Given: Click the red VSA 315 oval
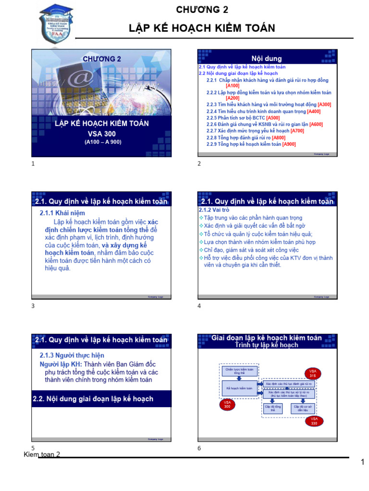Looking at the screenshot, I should tap(313, 374).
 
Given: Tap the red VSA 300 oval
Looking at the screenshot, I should tap(227, 404).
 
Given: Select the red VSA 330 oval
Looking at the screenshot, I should tap(314, 421).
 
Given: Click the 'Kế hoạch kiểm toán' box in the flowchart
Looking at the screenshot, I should tap(239, 388).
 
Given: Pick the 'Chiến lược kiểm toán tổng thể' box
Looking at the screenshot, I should tap(239, 371).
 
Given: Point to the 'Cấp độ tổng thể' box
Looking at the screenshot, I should tap(272, 408).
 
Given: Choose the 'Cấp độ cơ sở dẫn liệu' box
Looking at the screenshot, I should tap(303, 408).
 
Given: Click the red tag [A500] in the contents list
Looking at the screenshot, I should tap(273, 118).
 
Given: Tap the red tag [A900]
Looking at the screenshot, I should tap(289, 144).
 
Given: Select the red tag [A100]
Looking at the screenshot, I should tap(233, 85).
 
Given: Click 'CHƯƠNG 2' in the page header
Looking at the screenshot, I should tap(202, 10).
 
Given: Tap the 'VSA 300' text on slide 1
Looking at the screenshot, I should tap(102, 134).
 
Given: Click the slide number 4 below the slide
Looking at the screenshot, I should tap(199, 306).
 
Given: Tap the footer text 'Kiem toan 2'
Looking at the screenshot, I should tap(42, 454).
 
